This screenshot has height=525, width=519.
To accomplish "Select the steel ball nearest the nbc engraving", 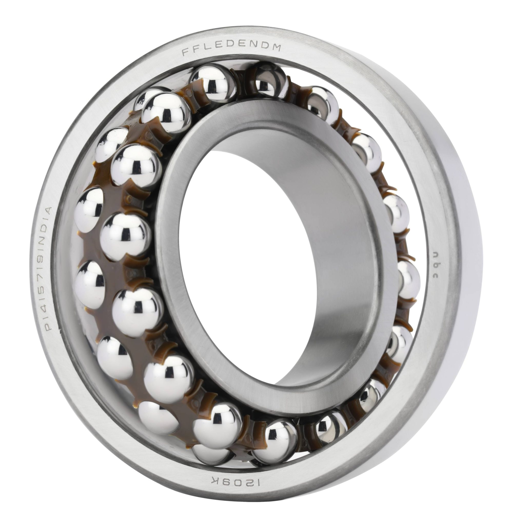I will (x=408, y=280).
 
